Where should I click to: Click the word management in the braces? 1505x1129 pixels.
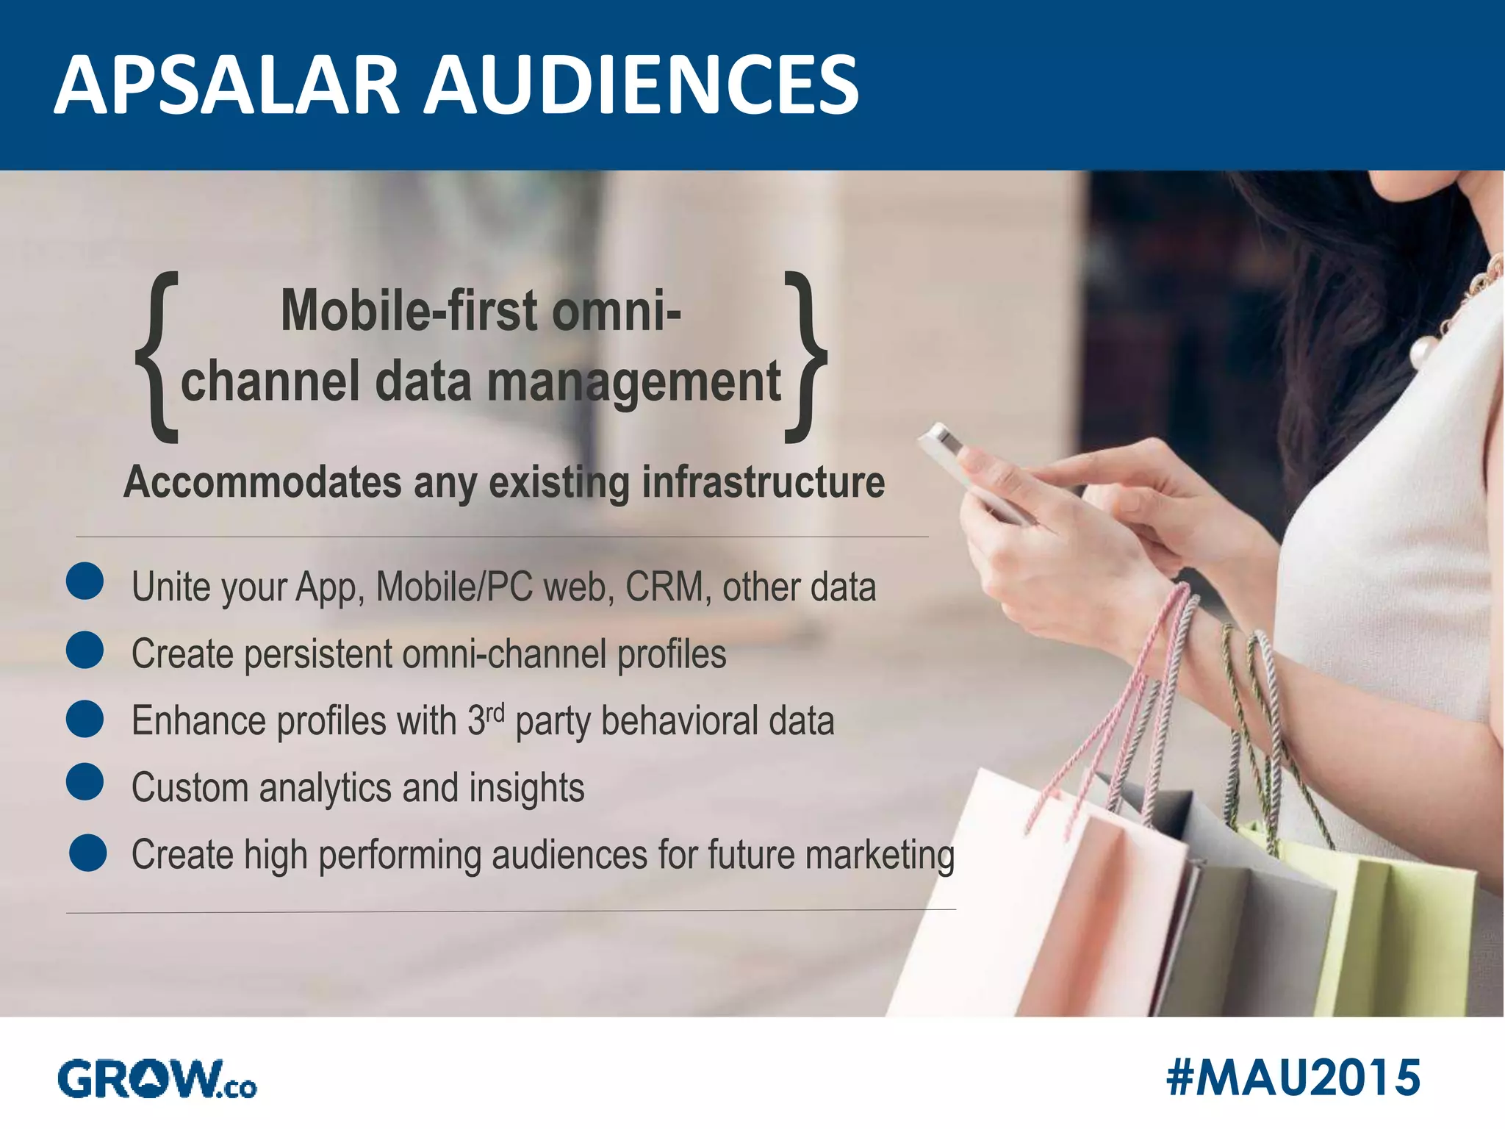click(633, 384)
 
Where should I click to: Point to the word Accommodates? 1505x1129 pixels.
click(262, 483)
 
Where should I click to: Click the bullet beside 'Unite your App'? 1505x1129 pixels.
click(85, 581)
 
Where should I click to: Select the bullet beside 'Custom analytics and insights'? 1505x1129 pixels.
click(85, 781)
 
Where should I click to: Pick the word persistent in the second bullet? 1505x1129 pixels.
click(318, 654)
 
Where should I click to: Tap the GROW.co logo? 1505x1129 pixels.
click(157, 1080)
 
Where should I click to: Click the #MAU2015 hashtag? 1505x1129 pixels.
click(1293, 1078)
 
